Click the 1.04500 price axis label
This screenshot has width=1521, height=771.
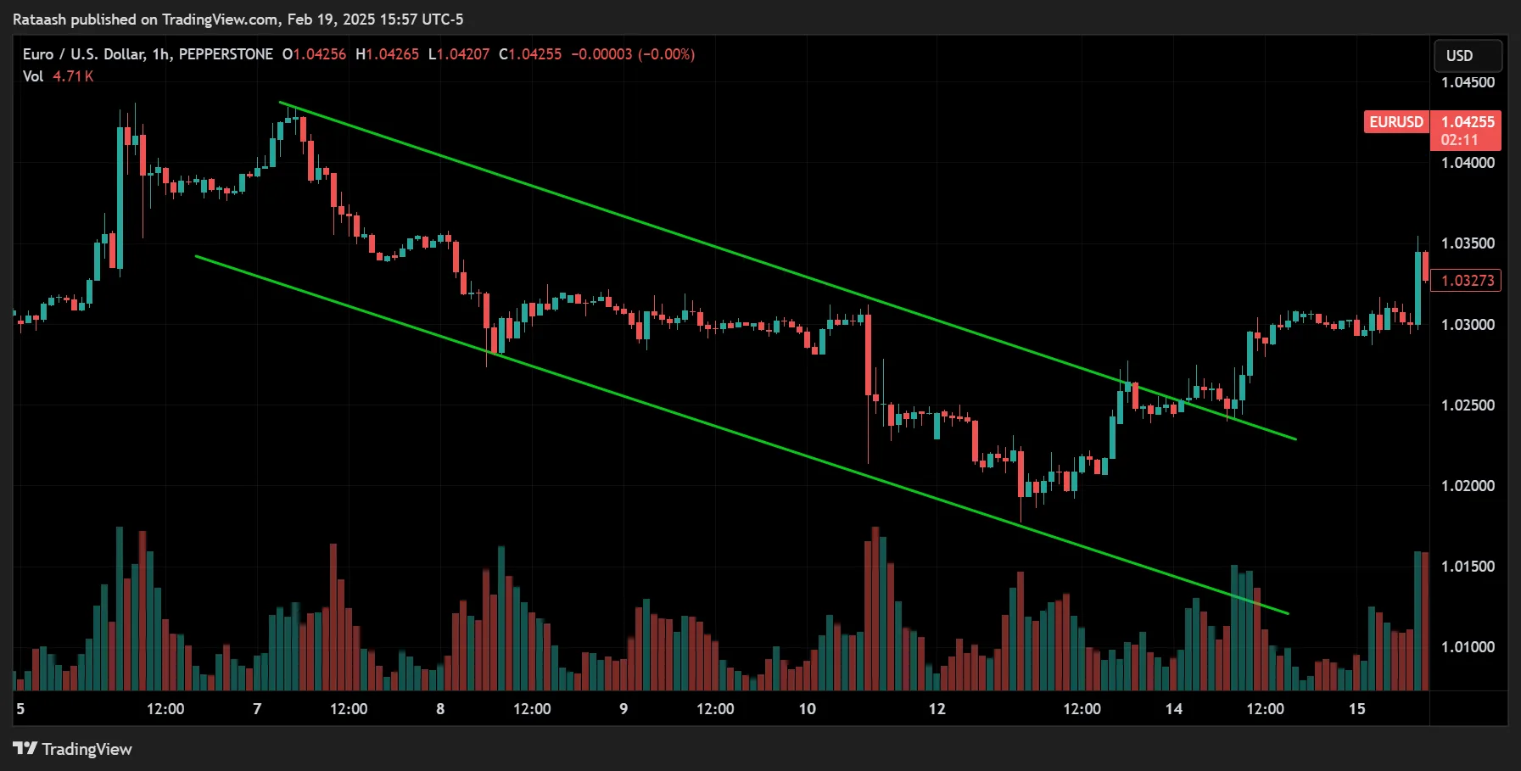point(1468,82)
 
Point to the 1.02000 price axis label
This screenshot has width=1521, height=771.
point(1468,486)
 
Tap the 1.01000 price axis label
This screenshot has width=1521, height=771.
point(1468,647)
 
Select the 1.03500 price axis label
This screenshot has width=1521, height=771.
point(1468,243)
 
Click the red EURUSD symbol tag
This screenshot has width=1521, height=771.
point(1395,122)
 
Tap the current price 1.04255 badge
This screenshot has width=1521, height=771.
point(1468,122)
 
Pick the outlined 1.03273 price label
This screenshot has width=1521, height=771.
point(1467,281)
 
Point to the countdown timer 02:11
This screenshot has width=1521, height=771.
point(1459,140)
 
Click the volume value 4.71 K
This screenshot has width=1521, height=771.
point(73,76)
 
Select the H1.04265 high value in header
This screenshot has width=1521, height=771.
point(388,54)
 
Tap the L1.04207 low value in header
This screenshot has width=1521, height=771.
point(459,54)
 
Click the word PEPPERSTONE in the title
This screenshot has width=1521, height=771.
point(226,54)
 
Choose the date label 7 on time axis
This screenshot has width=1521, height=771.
point(257,709)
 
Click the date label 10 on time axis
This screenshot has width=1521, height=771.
point(807,709)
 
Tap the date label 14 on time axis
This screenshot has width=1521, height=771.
point(1173,709)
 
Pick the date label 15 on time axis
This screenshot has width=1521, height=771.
point(1356,709)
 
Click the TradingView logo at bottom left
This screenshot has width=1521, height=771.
point(73,749)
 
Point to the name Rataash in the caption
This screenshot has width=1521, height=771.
point(39,19)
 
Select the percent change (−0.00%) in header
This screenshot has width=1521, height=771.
point(666,54)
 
